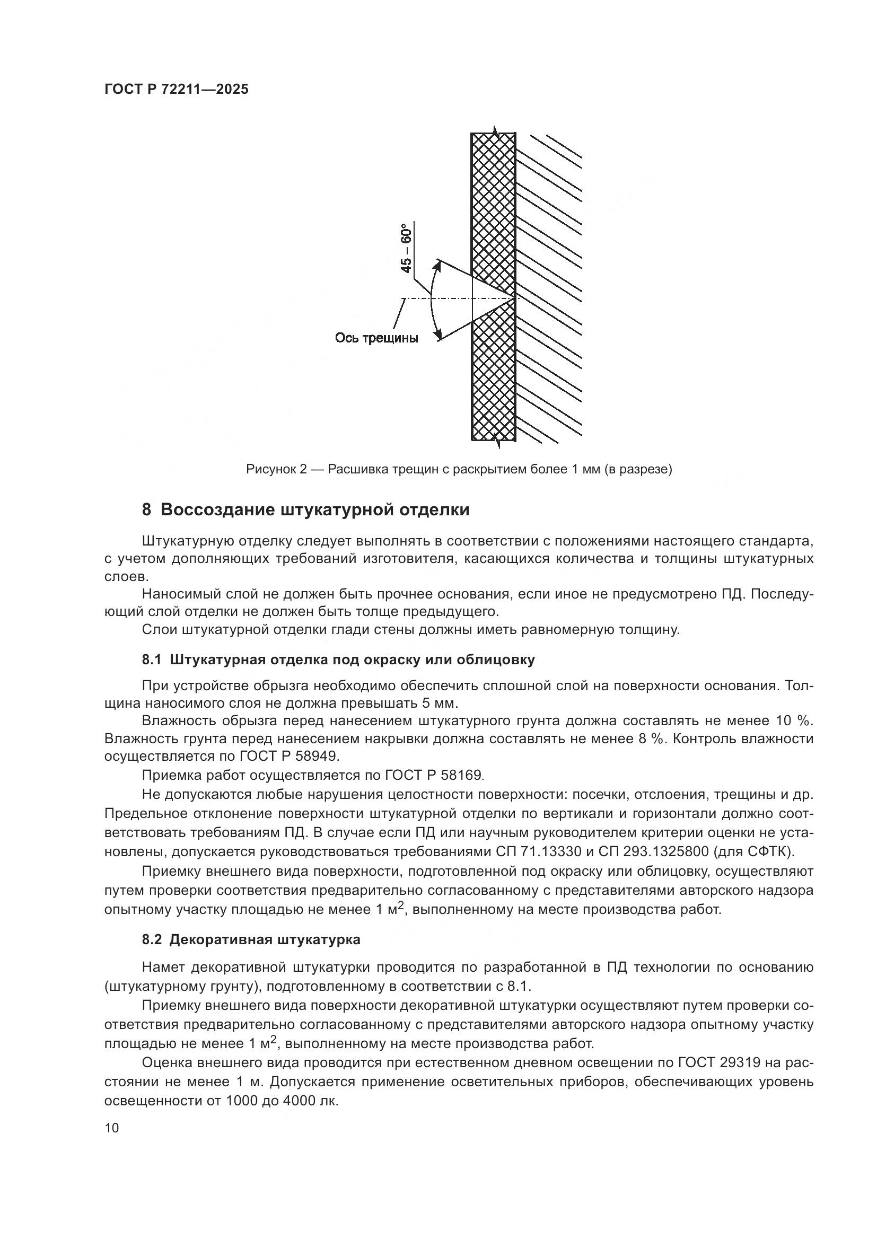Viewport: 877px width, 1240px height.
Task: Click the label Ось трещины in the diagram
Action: pyautogui.click(x=376, y=339)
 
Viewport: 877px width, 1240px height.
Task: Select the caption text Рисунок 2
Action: pyautogui.click(x=276, y=469)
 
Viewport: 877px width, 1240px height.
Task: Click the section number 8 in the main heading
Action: pyautogui.click(x=146, y=510)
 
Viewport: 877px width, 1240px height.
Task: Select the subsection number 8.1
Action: pyautogui.click(x=152, y=659)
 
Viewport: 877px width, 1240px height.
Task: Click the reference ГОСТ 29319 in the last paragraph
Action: pyautogui.click(x=719, y=1062)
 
